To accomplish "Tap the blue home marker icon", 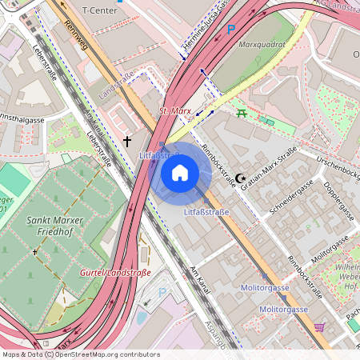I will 180,172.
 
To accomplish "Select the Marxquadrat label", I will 262,45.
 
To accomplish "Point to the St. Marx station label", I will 174,111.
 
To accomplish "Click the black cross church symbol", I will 127,142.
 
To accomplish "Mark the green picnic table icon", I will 242,113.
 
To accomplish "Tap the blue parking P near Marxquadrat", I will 231,30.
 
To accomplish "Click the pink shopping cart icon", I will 319,327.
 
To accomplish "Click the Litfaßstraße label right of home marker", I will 206,212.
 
